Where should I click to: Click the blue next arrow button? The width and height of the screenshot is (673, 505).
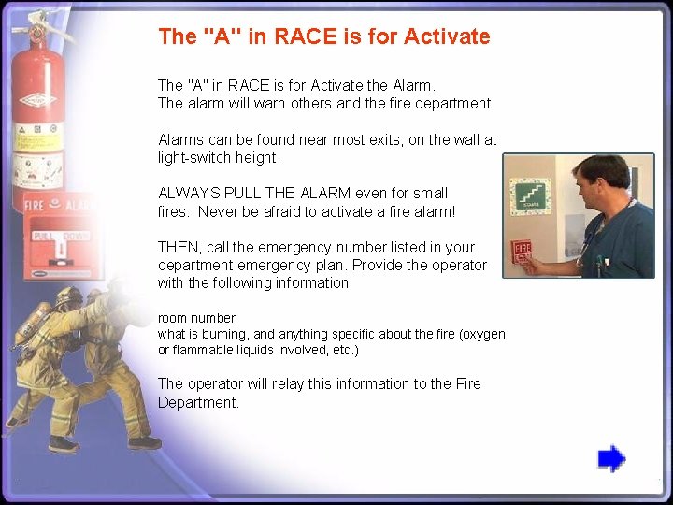[x=611, y=458]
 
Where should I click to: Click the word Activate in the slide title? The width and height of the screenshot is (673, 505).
[x=448, y=36]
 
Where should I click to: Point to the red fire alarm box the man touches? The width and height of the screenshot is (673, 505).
[x=522, y=252]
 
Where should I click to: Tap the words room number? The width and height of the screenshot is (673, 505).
[x=196, y=318]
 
